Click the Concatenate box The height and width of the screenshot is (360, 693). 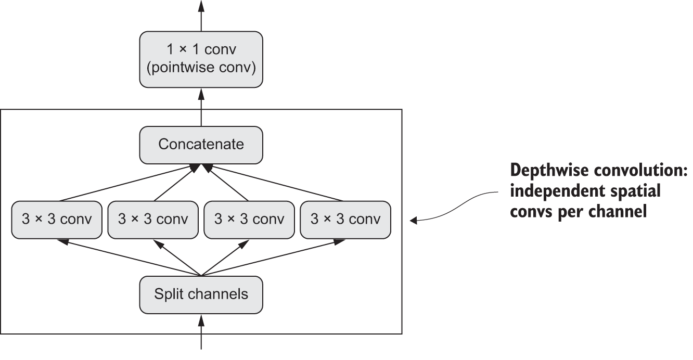[201, 145]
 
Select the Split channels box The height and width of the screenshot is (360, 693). [201, 294]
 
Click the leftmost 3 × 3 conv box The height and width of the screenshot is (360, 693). [56, 220]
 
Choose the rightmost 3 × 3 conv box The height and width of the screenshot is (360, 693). [345, 220]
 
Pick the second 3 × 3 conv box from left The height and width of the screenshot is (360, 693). [152, 220]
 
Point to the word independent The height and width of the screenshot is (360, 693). [553, 191]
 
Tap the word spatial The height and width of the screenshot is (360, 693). [631, 191]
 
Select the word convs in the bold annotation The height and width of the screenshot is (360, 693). [532, 212]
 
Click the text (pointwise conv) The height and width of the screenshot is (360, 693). [201, 69]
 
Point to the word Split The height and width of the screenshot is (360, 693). [166, 294]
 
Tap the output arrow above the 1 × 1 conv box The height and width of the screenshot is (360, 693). [201, 16]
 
